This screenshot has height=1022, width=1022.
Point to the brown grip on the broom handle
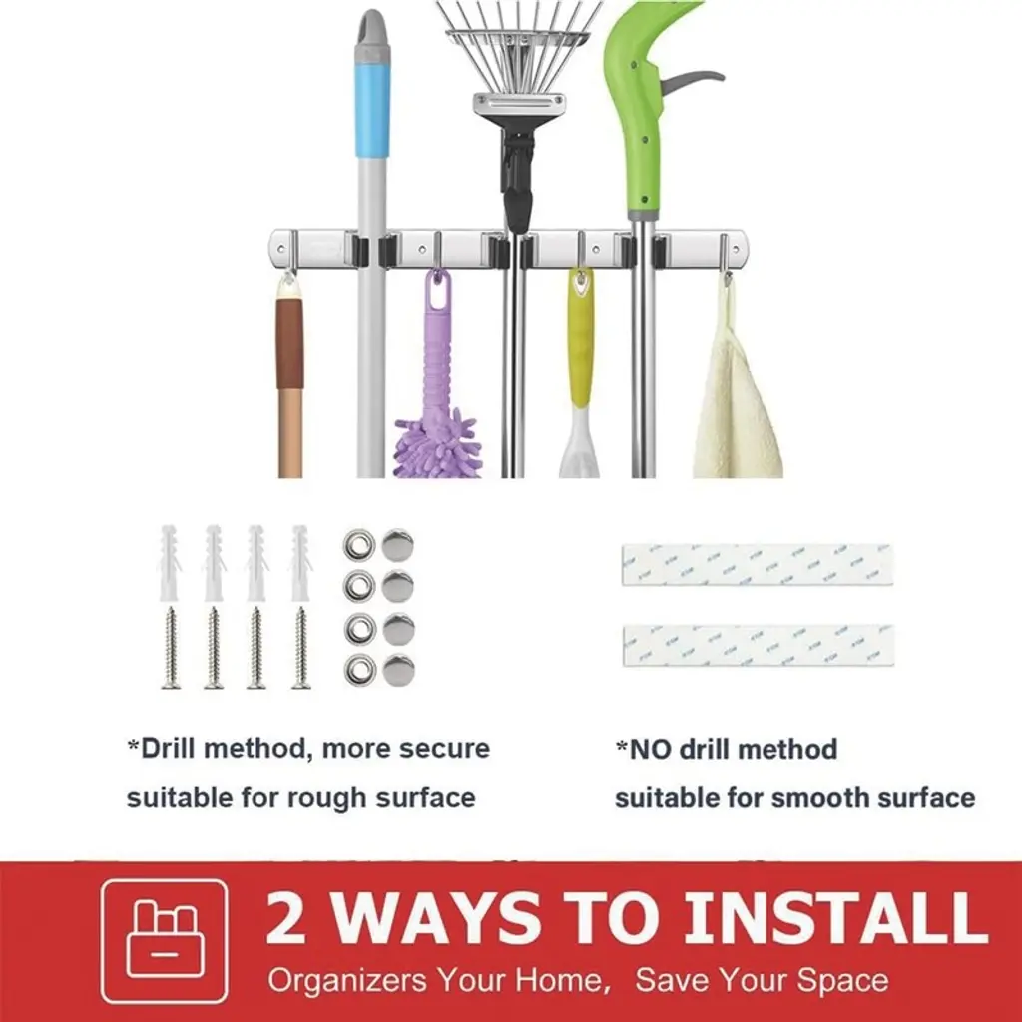click(x=289, y=343)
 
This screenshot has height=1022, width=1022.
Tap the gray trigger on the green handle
click(x=690, y=81)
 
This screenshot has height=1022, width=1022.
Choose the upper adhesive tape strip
click(x=757, y=565)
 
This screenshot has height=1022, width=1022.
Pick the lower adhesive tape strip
click(x=759, y=646)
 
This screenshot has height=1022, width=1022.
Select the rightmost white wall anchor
click(x=301, y=563)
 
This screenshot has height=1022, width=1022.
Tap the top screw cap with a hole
click(x=359, y=545)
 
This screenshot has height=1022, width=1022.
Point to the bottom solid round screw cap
click(x=398, y=670)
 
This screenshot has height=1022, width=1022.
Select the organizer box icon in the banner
click(x=165, y=941)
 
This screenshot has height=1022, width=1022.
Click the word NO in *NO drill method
click(x=649, y=749)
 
